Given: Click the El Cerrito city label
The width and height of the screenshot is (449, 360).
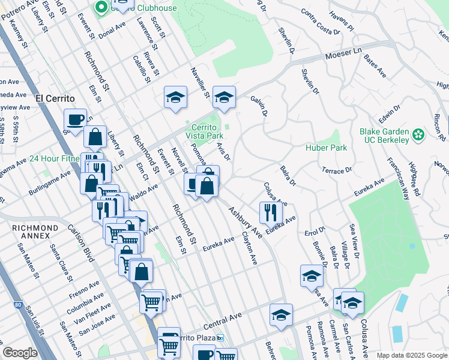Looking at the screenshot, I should (55, 98).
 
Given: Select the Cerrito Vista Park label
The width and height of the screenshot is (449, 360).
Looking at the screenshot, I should (207, 131).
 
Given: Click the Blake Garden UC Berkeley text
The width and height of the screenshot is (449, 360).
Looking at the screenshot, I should (384, 136).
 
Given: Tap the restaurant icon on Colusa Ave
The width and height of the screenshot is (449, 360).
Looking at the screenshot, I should (271, 212).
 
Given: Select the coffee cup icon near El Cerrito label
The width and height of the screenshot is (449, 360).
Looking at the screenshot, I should (75, 119).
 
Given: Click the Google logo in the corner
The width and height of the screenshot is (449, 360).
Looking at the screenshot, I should (20, 353).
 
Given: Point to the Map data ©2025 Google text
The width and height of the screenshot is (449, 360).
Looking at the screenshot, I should (411, 355).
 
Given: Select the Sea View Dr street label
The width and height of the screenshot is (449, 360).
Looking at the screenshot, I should (355, 242).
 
